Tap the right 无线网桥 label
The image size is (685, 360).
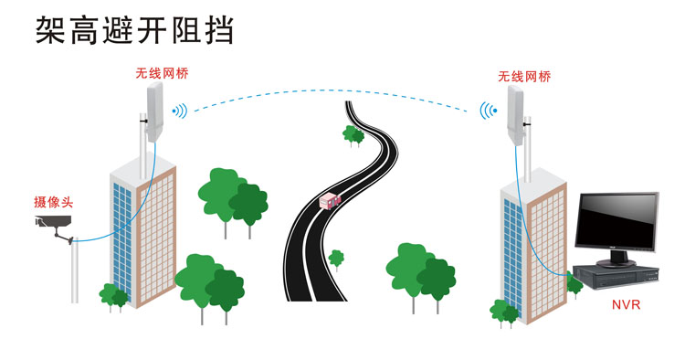tap(524, 78)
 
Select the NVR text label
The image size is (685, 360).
tap(626, 299)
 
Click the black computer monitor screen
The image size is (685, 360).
tap(616, 222)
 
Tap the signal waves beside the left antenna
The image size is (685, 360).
tap(180, 111)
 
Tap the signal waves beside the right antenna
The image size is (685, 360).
tap(489, 112)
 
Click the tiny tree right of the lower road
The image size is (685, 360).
tap(336, 259)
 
